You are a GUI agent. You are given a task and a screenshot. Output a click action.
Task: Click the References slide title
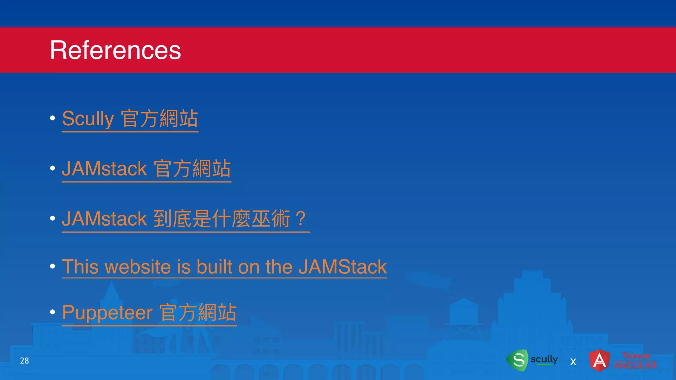(115, 50)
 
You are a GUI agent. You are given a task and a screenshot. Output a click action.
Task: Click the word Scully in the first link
(88, 119)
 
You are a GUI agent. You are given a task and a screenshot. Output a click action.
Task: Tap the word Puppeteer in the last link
(107, 312)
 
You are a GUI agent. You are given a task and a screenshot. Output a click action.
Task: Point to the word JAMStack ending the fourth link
(343, 267)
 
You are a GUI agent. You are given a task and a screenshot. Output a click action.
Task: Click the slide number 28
(24, 361)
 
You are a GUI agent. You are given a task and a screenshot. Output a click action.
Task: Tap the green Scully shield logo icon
(518, 360)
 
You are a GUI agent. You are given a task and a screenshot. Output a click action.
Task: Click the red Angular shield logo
(599, 360)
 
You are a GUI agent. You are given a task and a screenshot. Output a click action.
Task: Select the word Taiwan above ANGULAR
(636, 356)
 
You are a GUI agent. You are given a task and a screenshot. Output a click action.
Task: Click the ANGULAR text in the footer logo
(635, 365)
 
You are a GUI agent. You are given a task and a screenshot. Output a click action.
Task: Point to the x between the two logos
(573, 362)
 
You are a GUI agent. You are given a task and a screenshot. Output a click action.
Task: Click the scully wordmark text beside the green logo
(544, 359)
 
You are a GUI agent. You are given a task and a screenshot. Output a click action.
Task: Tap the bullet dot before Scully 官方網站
(52, 118)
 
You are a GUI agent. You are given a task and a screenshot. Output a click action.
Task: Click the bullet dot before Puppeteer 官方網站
(52, 312)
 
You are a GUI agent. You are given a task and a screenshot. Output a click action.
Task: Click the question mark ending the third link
(301, 218)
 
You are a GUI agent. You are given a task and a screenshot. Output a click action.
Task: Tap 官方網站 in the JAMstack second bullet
(192, 169)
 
